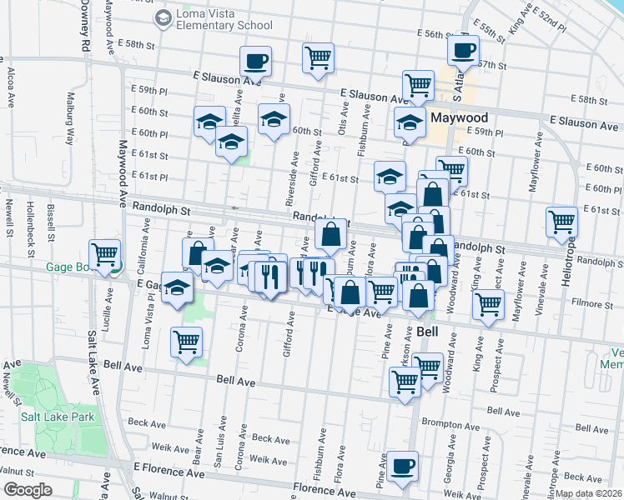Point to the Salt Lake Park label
tap(58, 417)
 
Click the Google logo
tap(27, 489)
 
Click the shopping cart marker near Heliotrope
tap(562, 222)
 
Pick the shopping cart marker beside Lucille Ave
tap(105, 253)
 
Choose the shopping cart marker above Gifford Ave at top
tap(318, 57)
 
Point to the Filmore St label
tap(594, 306)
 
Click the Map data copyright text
tap(589, 493)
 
